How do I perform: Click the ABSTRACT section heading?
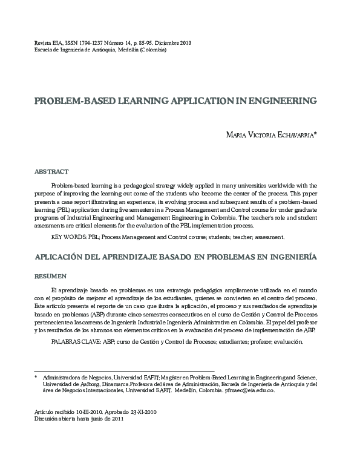(x=51, y=172)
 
